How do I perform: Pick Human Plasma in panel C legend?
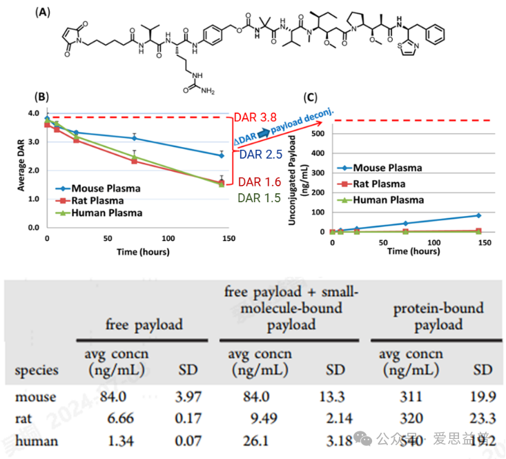[388, 200]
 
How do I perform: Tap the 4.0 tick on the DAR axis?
[32, 113]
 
